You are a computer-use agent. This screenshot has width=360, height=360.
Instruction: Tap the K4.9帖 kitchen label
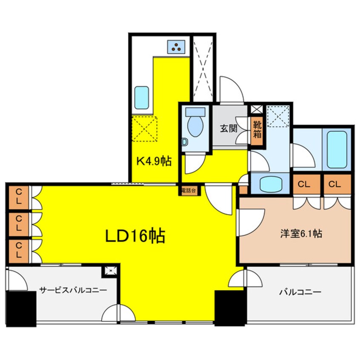point(154,161)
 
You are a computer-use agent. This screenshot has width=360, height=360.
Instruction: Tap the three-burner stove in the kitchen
point(177,47)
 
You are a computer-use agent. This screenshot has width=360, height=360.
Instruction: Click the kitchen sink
point(140,98)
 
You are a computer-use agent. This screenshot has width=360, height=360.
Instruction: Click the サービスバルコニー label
point(73,290)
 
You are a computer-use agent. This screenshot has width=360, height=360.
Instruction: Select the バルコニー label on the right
point(300,292)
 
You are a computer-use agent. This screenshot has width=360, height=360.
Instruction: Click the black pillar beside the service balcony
point(21,309)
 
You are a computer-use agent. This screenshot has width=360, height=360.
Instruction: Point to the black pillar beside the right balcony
point(231,308)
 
